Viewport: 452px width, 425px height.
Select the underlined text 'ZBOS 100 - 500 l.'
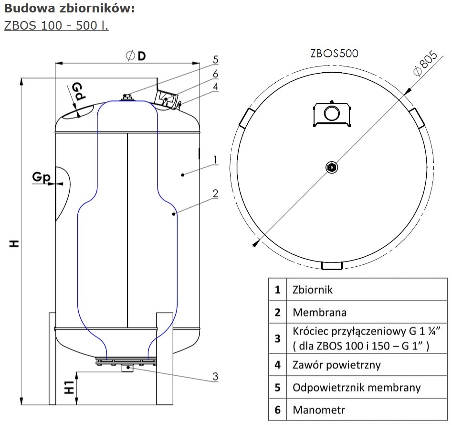click(56, 25)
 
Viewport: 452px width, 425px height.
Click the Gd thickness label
click(78, 91)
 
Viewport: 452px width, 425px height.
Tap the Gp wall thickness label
click(41, 177)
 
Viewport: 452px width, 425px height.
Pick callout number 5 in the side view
click(216, 60)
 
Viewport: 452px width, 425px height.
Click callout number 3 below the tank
click(215, 377)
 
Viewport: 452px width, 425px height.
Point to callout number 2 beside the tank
click(215, 193)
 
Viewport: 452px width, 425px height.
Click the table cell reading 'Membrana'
click(319, 313)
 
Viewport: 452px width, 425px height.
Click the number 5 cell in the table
click(278, 387)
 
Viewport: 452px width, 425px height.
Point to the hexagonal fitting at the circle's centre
click(331, 167)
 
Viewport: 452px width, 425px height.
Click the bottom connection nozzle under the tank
click(127, 369)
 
